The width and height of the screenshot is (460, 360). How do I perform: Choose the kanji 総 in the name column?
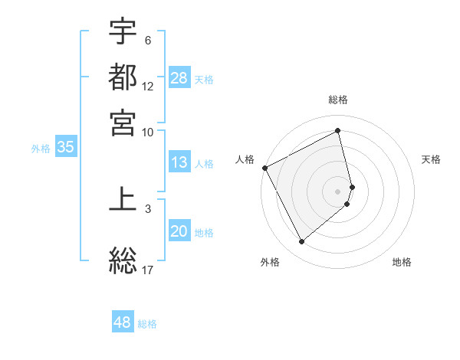[123, 260]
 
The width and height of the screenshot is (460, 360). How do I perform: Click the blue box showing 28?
[179, 77]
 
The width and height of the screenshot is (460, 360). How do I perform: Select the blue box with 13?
[179, 162]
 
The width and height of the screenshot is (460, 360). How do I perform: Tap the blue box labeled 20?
[179, 232]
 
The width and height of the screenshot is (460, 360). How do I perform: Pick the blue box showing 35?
[65, 148]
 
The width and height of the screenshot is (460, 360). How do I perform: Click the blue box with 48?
[123, 322]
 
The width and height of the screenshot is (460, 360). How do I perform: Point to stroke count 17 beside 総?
[148, 269]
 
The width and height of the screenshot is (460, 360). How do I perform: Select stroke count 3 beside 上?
[148, 208]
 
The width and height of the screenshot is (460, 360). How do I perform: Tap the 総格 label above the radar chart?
[338, 100]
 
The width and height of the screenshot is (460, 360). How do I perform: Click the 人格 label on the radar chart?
[245, 159]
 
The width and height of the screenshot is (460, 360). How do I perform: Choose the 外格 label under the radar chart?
[270, 262]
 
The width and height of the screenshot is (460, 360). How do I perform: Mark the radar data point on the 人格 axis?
[264, 168]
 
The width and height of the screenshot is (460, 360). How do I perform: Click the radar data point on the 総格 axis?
[338, 130]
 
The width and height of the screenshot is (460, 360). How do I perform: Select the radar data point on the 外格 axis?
[301, 241]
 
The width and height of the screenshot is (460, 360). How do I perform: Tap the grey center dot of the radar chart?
[338, 191]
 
